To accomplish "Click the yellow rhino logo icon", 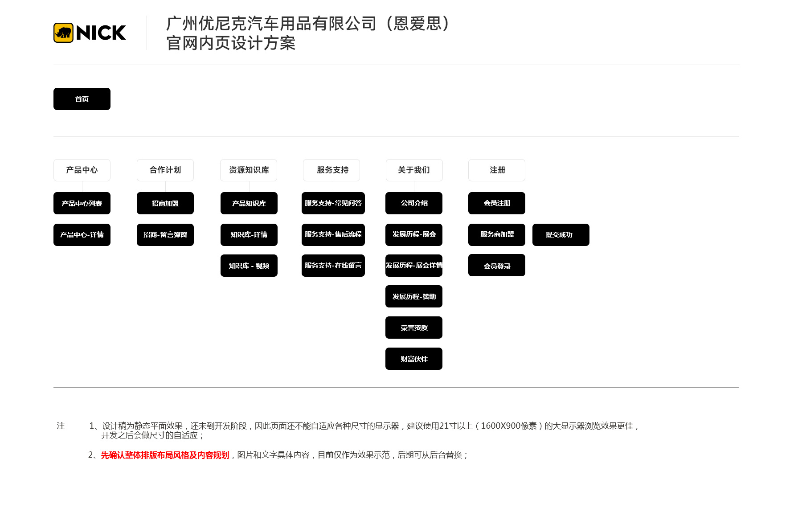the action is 63,33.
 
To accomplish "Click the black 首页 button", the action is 82,99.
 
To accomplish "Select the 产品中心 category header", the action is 82,170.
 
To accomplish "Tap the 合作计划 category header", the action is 165,170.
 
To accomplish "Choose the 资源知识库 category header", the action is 249,170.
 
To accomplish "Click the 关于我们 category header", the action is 414,170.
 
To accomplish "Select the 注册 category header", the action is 497,170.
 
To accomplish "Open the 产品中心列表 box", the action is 82,203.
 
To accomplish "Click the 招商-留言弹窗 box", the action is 165,235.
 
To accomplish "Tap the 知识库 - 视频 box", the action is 249,266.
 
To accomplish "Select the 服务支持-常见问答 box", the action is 333,203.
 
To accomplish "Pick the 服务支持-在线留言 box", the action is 333,266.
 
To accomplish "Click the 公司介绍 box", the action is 414,203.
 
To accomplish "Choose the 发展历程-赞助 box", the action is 414,296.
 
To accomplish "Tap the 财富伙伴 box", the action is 414,359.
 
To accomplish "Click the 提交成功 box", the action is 561,235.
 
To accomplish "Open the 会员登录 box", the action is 497,265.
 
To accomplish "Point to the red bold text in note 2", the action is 165,455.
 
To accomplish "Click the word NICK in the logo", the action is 101,33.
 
